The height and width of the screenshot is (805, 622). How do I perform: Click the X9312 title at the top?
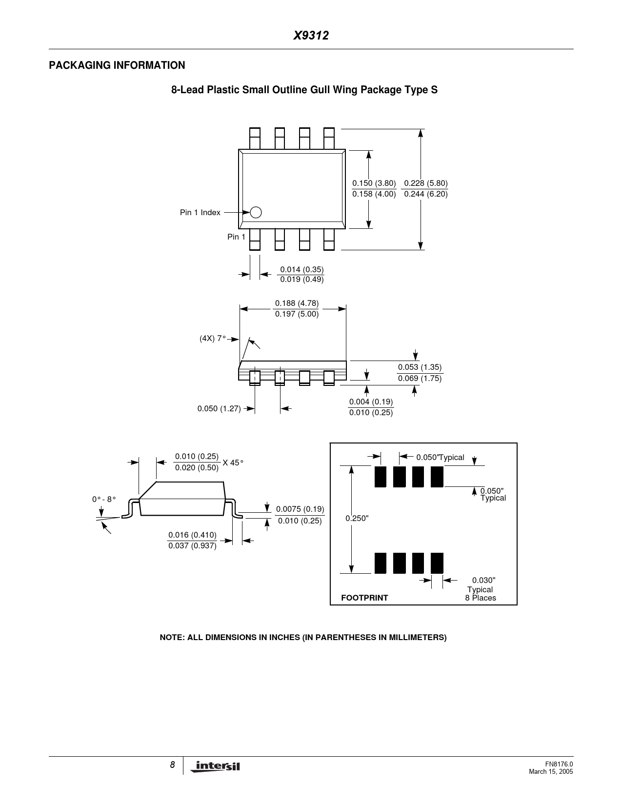click(311, 36)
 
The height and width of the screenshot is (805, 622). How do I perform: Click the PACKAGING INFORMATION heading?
click(117, 65)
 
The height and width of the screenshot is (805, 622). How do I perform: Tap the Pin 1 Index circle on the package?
click(256, 212)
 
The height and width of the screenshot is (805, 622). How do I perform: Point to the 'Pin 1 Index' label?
click(200, 213)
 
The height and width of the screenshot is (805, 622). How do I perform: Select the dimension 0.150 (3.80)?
click(374, 183)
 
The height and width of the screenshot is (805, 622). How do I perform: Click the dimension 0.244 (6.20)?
click(426, 194)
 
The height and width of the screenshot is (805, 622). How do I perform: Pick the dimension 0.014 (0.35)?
click(301, 270)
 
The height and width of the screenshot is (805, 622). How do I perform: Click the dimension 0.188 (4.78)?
click(297, 303)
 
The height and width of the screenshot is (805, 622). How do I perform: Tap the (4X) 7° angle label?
click(213, 338)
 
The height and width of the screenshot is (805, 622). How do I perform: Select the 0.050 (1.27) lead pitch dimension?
click(219, 408)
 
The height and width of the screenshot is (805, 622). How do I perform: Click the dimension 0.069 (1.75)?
click(420, 378)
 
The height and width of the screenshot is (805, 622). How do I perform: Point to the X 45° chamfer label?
click(233, 463)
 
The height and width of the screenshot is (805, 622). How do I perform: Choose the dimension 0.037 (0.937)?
click(192, 545)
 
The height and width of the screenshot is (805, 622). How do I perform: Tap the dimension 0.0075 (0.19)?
click(300, 509)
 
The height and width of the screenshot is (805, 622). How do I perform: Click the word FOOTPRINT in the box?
click(364, 598)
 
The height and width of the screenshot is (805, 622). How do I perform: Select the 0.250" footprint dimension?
click(357, 518)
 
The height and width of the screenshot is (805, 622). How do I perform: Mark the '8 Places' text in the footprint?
click(481, 598)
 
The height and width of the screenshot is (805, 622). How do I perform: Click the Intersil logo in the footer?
click(218, 767)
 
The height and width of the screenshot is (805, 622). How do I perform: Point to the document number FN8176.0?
click(559, 765)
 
